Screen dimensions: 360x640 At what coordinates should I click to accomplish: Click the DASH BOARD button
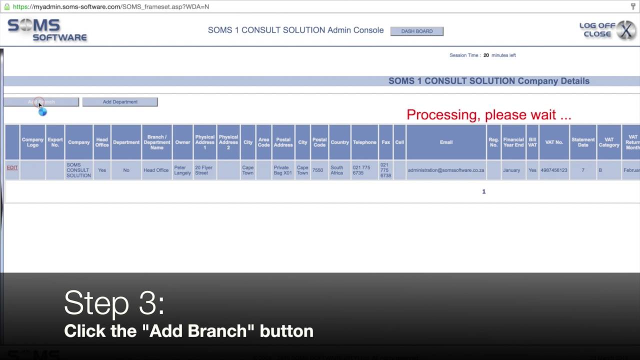(x=416, y=31)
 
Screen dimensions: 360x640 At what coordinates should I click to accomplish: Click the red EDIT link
(x=12, y=167)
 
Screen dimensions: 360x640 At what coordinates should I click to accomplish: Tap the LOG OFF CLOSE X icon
(x=625, y=30)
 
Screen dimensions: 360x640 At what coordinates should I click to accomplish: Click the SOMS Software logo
(x=47, y=30)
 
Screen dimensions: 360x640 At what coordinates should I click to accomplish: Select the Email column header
(x=446, y=142)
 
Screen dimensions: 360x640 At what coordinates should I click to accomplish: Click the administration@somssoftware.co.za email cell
(x=446, y=170)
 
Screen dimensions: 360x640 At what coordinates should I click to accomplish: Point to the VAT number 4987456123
(x=554, y=170)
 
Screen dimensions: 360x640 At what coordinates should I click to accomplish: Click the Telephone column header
(x=364, y=142)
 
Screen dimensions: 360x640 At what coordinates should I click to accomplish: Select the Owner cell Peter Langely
(x=182, y=170)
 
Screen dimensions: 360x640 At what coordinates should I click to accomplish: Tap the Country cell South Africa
(x=337, y=170)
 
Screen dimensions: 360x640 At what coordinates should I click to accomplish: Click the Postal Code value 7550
(x=318, y=170)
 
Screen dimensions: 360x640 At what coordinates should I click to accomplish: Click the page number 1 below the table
(x=483, y=191)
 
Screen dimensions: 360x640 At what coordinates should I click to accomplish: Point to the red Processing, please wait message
(x=488, y=115)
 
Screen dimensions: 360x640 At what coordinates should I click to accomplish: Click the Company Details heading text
(x=488, y=81)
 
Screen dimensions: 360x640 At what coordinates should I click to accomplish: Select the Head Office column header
(x=102, y=142)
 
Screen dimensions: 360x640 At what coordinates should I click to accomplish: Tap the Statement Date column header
(x=583, y=142)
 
